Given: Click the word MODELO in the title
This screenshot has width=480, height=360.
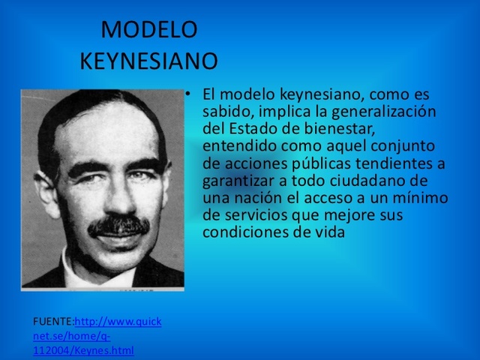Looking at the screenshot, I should [148, 29].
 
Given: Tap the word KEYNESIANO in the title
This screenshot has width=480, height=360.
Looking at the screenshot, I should [148, 61].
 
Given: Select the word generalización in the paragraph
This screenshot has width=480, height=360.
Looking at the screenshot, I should [391, 111].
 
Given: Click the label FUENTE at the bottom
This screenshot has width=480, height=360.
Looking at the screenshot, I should [52, 322].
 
